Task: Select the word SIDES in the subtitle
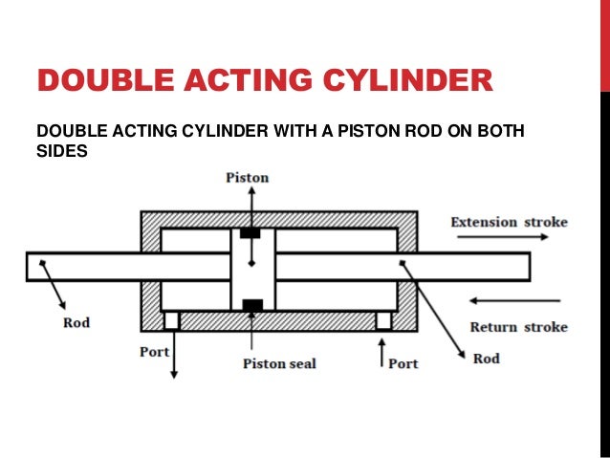pos(61,151)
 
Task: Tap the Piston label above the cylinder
pos(247,178)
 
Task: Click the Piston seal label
pos(278,363)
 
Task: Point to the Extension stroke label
pos(509,223)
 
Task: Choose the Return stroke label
pos(518,327)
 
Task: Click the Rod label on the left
pos(76,323)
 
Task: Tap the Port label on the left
pos(154,352)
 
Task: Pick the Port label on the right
pos(403,363)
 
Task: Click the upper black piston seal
pos(251,233)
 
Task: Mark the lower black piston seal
pos(252,306)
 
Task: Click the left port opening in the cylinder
pos(172,320)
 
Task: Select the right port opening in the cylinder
pos(383,320)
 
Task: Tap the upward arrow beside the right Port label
pos(382,359)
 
